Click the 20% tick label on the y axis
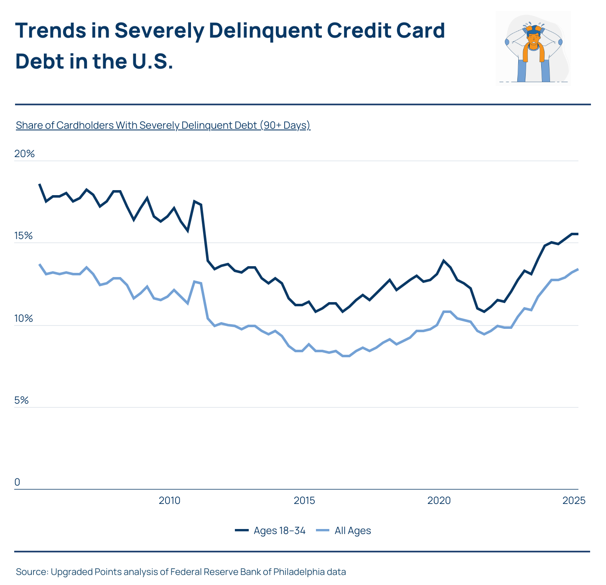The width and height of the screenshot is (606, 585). [x=24, y=154]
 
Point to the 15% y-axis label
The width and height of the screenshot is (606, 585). [x=23, y=236]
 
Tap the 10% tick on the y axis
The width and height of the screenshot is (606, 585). [x=23, y=318]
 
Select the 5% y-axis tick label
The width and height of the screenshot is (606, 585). [x=21, y=400]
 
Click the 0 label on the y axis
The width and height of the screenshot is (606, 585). [x=17, y=482]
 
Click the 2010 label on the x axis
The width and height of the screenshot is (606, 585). [x=169, y=501]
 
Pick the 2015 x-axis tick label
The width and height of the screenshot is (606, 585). [x=304, y=501]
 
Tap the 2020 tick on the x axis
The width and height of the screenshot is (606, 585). [x=439, y=501]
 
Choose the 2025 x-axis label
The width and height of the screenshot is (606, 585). [x=574, y=501]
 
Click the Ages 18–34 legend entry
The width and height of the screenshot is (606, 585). [x=270, y=531]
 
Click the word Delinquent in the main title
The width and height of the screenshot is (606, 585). [x=265, y=31]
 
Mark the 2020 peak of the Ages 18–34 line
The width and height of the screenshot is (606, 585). [x=443, y=260]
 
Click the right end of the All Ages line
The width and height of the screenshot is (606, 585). [x=578, y=269]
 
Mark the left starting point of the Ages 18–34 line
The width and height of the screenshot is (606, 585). [x=40, y=184]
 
